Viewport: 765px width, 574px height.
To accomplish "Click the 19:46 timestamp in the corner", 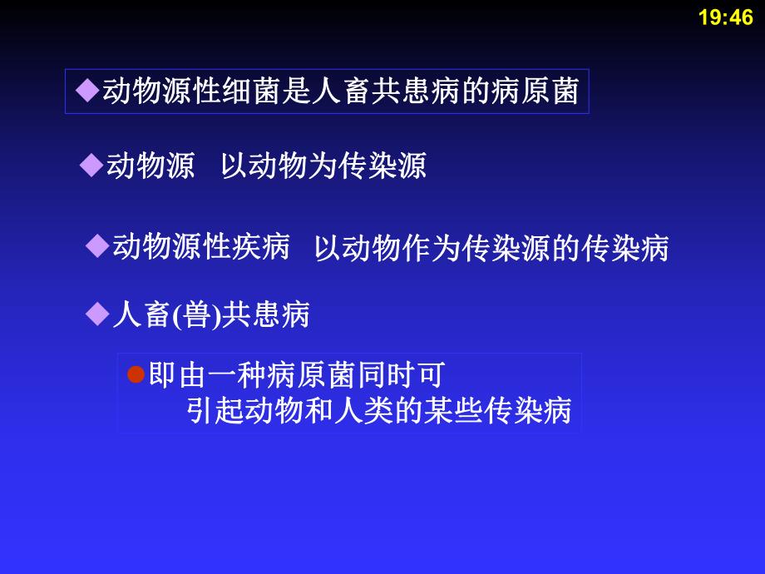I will click(726, 17).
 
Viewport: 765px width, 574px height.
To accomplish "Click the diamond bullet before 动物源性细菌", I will click(86, 92).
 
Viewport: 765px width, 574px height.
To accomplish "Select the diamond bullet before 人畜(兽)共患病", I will click(97, 314).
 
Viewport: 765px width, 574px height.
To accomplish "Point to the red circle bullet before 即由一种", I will click(136, 375).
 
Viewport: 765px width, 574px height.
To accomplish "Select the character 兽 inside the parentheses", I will click(196, 315).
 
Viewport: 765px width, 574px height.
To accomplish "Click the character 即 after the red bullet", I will click(162, 376).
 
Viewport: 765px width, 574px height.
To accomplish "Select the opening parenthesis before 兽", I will click(177, 316).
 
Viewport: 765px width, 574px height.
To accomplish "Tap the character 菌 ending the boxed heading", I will click(565, 92).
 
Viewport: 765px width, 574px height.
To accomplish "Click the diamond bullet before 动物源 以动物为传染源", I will click(91, 166).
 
